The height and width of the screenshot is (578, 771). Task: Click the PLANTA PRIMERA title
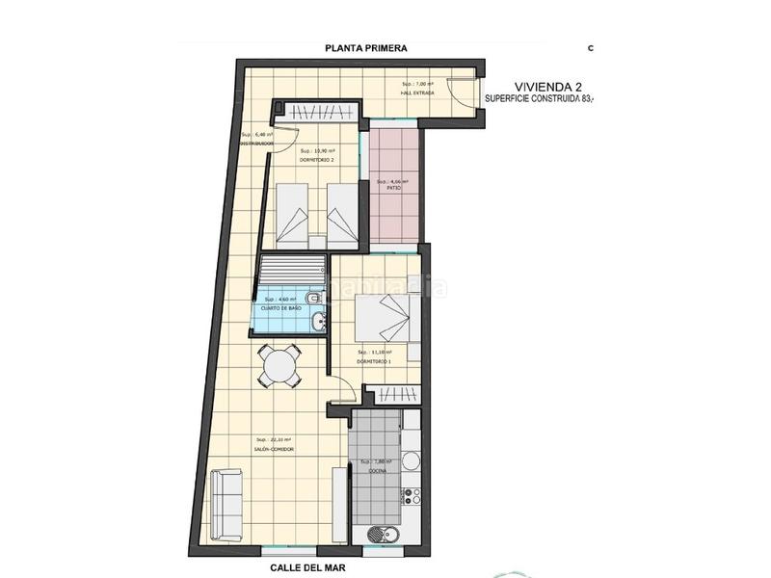click(365, 47)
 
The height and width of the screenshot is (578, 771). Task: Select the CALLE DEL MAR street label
click(308, 568)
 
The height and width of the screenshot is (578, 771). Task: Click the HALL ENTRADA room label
click(417, 94)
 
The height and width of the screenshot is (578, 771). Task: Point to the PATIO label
click(393, 189)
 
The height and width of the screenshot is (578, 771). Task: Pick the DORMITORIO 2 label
click(317, 160)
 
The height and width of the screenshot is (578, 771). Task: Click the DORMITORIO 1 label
click(374, 361)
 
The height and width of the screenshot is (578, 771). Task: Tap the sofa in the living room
click(226, 503)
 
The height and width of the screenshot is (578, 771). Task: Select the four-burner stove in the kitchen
click(412, 497)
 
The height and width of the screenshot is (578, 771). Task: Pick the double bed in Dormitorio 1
click(384, 321)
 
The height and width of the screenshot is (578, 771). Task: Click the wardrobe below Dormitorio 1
click(394, 395)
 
